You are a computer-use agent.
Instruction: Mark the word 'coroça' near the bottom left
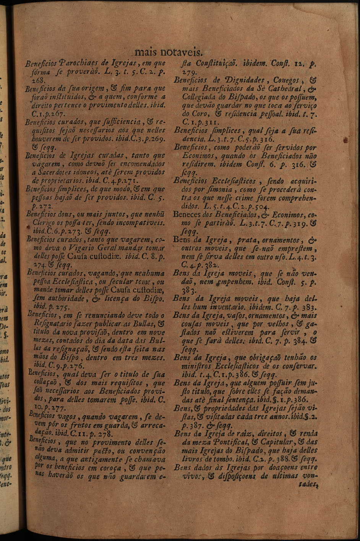click(x=113, y=468)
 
